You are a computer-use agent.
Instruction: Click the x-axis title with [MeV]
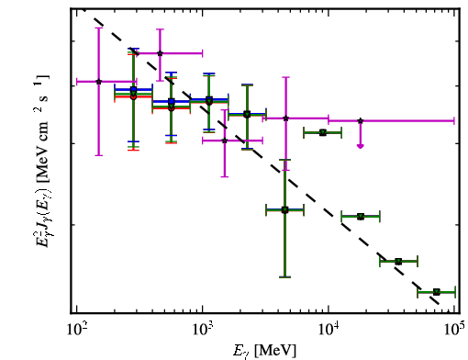point(264,351)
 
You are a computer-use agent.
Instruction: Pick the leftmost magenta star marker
point(98,82)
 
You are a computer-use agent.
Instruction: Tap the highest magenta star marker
point(160,53)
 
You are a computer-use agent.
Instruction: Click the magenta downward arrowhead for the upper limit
point(361,146)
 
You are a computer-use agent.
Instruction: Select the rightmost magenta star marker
point(361,121)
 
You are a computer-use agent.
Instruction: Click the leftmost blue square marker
point(133,89)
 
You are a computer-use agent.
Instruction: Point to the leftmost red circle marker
point(133,96)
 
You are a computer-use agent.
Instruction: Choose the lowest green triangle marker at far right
point(437,292)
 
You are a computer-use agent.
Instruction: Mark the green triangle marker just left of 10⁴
point(323,132)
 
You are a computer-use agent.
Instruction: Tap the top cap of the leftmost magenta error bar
point(98,28)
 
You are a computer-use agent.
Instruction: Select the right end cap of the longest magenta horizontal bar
point(454,120)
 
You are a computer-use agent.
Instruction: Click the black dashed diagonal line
point(266,161)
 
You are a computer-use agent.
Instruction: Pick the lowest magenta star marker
point(225,141)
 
